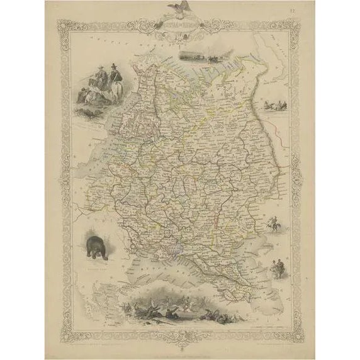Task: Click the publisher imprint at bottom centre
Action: coord(179,332)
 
